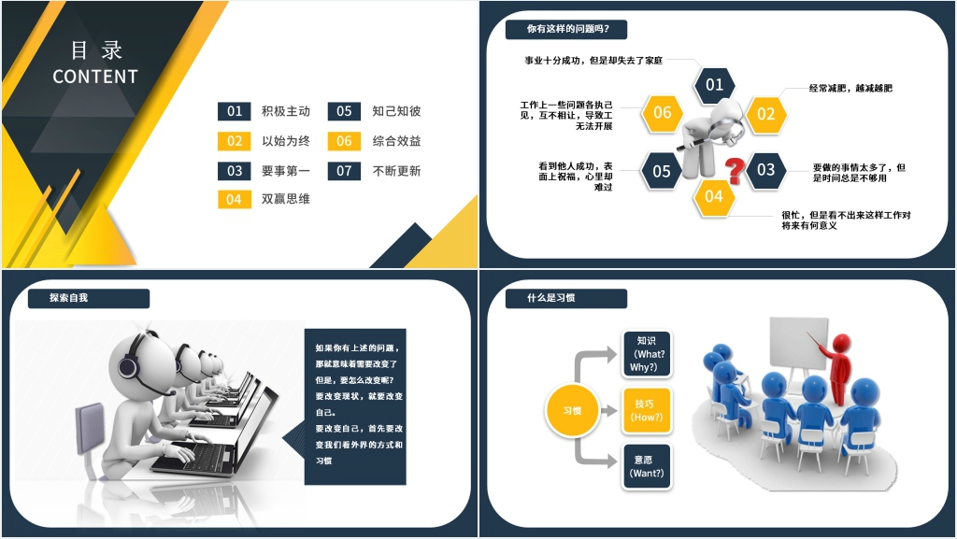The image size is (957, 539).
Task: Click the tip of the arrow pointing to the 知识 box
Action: (617, 354)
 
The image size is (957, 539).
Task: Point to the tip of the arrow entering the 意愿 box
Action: (617, 461)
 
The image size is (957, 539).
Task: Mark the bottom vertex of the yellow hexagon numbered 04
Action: (714, 218)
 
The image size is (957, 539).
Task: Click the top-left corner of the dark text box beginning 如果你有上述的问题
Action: (305, 329)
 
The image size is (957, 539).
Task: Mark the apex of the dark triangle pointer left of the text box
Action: (282, 439)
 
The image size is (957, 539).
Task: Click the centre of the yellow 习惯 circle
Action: (572, 410)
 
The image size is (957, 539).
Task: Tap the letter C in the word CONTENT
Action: (59, 77)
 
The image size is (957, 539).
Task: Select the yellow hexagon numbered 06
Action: (663, 113)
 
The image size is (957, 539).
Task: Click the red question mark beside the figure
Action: (735, 170)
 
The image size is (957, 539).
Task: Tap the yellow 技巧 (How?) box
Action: (647, 410)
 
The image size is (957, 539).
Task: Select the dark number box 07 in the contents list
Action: (344, 171)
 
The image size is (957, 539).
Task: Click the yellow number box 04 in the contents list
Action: (235, 199)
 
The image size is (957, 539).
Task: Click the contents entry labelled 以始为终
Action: (286, 141)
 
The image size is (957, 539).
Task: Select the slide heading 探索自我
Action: (68, 298)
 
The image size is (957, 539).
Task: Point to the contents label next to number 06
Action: (396, 141)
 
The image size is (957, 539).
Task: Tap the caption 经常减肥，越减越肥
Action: (850, 89)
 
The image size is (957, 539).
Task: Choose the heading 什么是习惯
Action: (551, 298)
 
